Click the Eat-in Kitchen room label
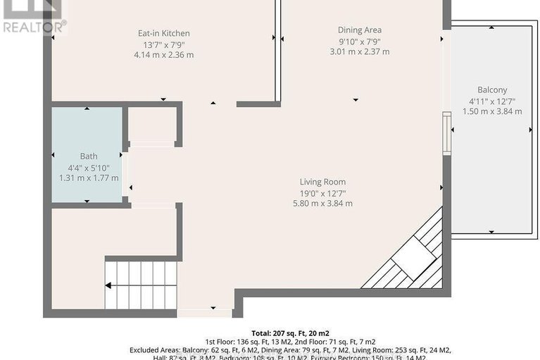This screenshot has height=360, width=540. [x=163, y=33]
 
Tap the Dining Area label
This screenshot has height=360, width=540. [x=360, y=30]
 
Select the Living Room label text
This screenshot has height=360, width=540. [x=322, y=182]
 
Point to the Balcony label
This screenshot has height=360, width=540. [x=491, y=90]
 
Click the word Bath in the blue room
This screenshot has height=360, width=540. [x=89, y=156]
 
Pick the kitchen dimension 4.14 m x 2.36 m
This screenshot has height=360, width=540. [x=163, y=55]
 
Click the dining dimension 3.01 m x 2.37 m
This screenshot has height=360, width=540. [x=360, y=51]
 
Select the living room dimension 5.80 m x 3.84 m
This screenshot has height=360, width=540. [x=322, y=204]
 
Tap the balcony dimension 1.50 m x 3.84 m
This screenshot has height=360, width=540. [x=491, y=111]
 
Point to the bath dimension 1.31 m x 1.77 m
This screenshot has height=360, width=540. [x=89, y=178]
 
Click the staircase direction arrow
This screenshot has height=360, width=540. [x=109, y=285]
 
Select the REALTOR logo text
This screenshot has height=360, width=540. [x=33, y=27]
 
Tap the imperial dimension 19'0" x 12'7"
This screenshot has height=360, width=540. [x=322, y=193]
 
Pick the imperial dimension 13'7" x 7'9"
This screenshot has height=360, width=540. [x=163, y=44]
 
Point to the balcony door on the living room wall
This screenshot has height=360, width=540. [x=445, y=134]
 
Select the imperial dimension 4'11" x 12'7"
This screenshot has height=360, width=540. [x=491, y=101]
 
